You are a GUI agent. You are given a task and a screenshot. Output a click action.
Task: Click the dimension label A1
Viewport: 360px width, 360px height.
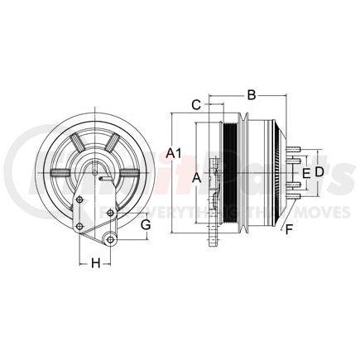point(173,151)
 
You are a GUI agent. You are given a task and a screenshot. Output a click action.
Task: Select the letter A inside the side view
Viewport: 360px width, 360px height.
point(195,177)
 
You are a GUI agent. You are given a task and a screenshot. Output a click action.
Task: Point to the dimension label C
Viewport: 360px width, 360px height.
point(196,104)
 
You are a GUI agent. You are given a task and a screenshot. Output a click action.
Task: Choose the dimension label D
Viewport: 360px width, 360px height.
point(319,170)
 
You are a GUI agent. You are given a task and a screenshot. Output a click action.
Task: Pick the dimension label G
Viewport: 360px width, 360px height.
point(146,224)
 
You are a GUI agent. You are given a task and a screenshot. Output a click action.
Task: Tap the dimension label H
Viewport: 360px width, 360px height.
point(95,264)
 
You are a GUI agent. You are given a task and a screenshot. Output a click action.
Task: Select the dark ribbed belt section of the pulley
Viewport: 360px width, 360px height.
point(229,173)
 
